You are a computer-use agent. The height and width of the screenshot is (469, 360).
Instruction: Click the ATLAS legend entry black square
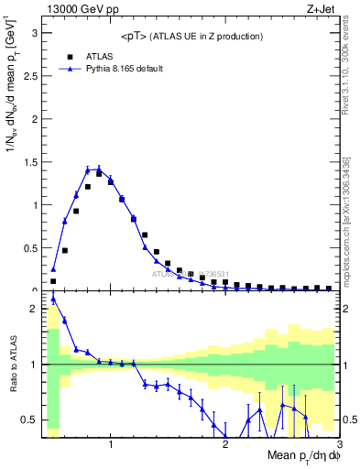coord(70,56)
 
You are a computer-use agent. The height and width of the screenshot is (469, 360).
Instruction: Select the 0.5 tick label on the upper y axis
coord(29,247)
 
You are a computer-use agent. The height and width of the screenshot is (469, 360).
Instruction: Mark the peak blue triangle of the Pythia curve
coord(99,169)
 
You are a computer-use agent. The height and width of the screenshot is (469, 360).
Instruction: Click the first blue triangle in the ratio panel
coord(53,299)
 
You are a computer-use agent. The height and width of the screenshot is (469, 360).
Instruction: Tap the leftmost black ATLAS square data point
coord(53,281)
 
